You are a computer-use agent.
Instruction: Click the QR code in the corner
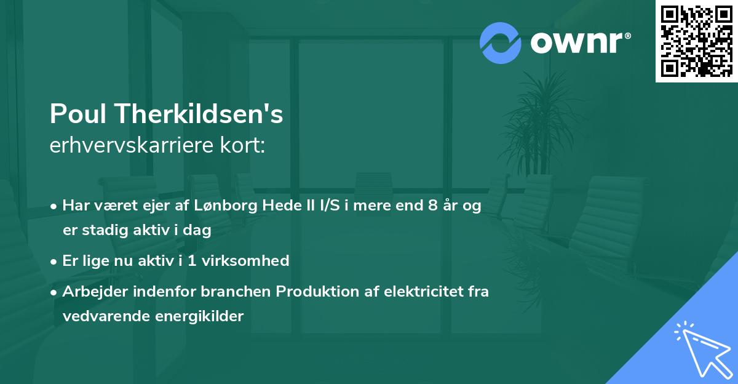pos(697,41)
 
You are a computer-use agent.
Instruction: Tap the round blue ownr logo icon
pos(500,43)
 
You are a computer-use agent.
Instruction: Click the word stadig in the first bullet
pos(101,230)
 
